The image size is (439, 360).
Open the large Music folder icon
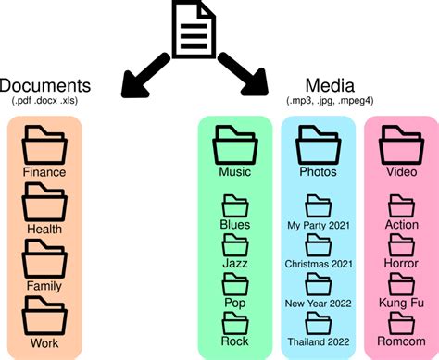point(235,144)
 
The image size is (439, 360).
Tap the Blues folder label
point(235,224)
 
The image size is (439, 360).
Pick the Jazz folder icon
point(235,245)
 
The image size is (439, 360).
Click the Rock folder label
point(235,341)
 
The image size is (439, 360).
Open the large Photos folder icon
point(318,144)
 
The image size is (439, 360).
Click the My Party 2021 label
point(318,224)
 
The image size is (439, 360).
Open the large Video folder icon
point(401,144)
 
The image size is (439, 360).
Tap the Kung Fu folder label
point(401,302)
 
